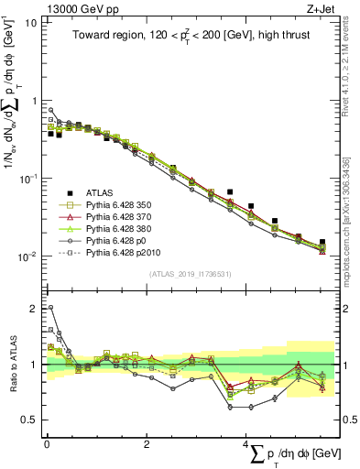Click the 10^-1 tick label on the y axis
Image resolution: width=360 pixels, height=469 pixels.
pos(27,179)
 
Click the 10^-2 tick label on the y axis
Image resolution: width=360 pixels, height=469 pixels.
pos(27,256)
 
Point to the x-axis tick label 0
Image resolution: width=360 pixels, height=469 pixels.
pos(47,442)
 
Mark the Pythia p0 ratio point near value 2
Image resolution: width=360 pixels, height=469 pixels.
pos(49,308)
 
